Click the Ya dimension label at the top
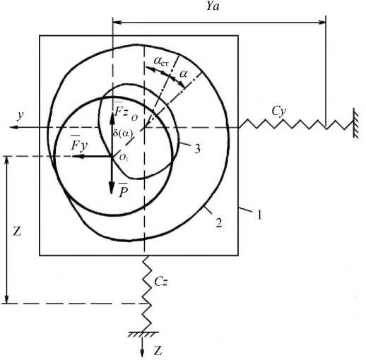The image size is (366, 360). tap(213, 6)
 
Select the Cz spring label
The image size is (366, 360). tap(161, 281)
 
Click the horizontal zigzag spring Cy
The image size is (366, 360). tap(295, 124)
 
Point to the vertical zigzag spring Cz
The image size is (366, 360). tap(147, 294)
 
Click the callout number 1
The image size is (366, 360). tap(259, 215)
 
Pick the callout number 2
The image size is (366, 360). tap(219, 223)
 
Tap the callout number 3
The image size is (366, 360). tap(197, 149)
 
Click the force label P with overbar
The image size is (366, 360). tap(123, 190)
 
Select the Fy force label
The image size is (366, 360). tap(79, 144)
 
